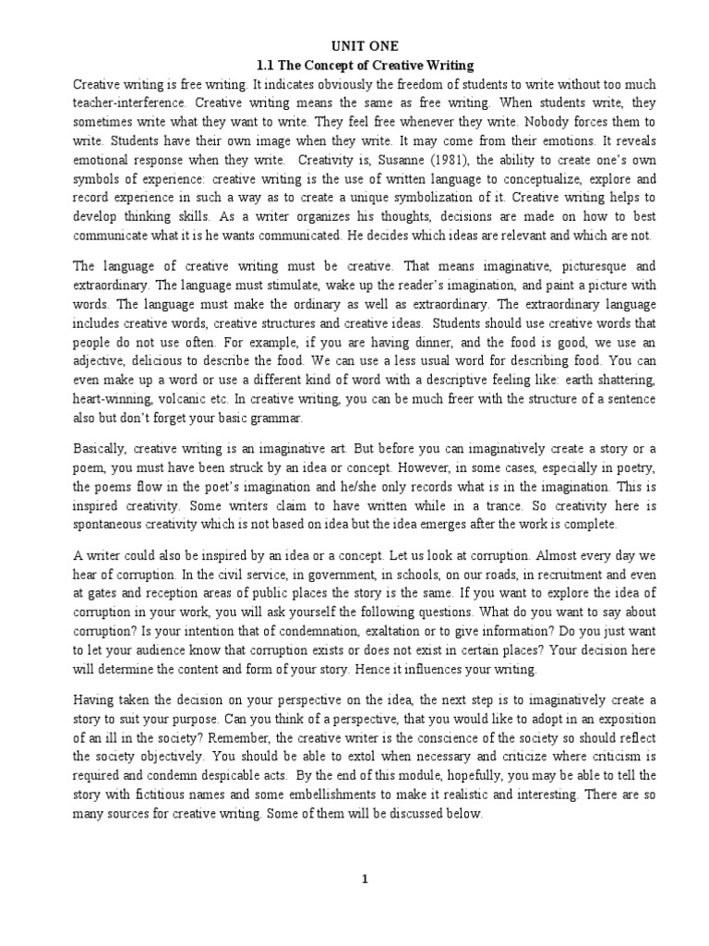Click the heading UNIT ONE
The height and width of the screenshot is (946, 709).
pyautogui.click(x=364, y=46)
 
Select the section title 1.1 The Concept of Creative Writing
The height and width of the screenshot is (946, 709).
pyautogui.click(x=364, y=66)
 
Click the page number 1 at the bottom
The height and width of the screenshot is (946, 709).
pyautogui.click(x=365, y=879)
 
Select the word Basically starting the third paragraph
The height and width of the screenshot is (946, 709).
pyautogui.click(x=100, y=449)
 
